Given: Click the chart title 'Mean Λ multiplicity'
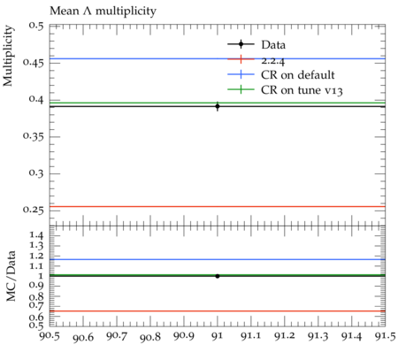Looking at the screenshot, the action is tap(103, 11).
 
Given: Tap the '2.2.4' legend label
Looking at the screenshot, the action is tap(273, 61).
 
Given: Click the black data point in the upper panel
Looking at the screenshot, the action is tap(218, 106).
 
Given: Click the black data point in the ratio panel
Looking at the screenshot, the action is tap(218, 276).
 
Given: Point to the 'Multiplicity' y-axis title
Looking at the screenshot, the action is tap(8, 56).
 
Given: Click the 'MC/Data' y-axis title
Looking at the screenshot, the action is tap(11, 276).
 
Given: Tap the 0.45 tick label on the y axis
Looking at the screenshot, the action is tap(34, 63).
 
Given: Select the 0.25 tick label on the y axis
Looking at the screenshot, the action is tap(34, 210).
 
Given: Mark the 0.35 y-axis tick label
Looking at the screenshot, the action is tap(34, 136).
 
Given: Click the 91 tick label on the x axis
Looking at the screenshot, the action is tap(218, 336).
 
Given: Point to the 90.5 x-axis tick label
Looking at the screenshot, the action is tap(50, 336).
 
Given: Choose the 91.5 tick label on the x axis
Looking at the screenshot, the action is tap(385, 336).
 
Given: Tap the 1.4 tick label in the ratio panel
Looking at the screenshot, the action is tap(36, 235).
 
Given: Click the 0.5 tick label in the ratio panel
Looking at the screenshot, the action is tap(36, 325).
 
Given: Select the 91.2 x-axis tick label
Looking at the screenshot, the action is tap(285, 336).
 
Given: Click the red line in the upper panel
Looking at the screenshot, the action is tap(218, 206).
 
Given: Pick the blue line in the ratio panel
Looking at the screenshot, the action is tap(218, 259).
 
